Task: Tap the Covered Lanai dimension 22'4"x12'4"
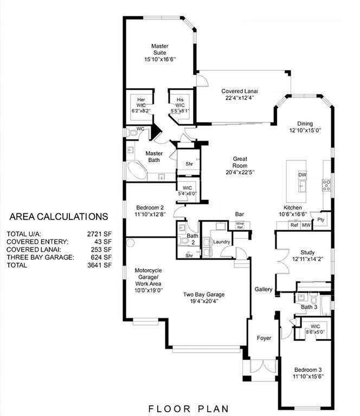coord(240,97)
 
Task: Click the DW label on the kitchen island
coord(303,175)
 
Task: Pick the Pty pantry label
coord(321,219)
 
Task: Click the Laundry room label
coord(221,242)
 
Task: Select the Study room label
coord(308,252)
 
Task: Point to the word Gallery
coord(263,289)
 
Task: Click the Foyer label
coord(264,338)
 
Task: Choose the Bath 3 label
coord(308,307)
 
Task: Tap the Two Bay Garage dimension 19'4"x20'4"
coord(203,302)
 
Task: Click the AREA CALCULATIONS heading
coord(59,217)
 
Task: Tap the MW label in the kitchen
coord(306,225)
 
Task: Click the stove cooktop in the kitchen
coord(327,185)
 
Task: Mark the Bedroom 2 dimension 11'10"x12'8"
coord(146,215)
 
